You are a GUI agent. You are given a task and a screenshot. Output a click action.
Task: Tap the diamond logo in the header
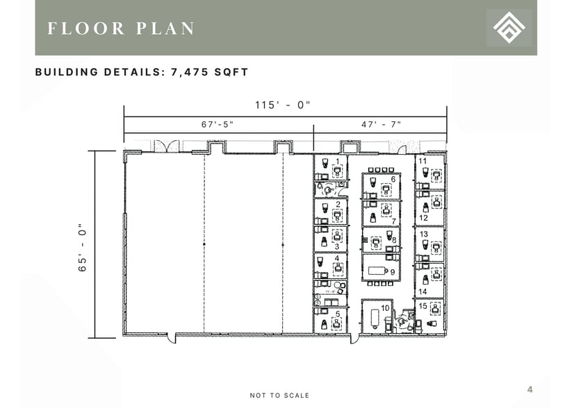coord(509,28)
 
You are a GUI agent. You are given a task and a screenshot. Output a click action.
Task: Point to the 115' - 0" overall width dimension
coord(282,105)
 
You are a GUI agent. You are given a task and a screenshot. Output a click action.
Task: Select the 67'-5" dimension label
coord(217,124)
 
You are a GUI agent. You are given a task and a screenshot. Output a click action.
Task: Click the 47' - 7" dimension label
coord(381,124)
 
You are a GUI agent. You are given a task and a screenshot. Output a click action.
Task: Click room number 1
coord(338,161)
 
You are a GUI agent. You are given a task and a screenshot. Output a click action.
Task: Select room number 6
coord(393,180)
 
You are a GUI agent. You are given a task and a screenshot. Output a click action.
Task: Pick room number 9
coord(393,273)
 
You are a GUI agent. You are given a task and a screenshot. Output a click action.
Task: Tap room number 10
coord(384,307)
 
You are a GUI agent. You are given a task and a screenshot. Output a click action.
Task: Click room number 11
coord(423,161)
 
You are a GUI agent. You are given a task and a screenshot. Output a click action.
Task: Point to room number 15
coord(423,306)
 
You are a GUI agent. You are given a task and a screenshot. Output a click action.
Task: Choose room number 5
coord(338,314)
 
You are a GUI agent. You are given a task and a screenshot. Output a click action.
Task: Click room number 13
coord(423,235)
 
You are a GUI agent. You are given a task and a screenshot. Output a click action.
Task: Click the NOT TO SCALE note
coord(279,396)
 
